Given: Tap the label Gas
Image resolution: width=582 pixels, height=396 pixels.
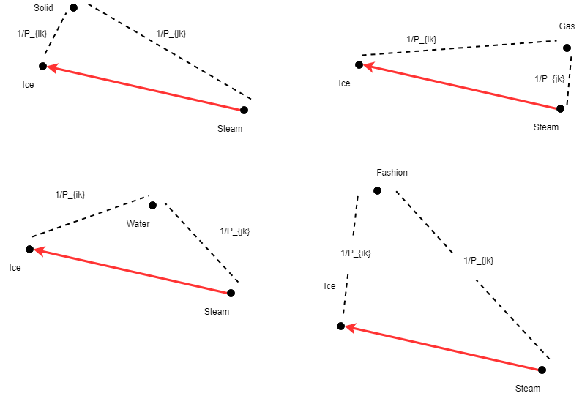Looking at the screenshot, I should [x=567, y=26].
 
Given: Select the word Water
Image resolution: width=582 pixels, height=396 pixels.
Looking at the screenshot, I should [x=138, y=224].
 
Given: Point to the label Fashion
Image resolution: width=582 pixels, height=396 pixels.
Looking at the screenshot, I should [x=392, y=173].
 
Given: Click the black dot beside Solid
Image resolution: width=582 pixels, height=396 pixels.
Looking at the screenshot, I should [x=73, y=8].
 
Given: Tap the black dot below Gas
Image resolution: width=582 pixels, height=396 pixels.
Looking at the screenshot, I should [x=567, y=48].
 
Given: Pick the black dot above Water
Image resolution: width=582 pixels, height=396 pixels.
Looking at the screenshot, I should [x=152, y=205].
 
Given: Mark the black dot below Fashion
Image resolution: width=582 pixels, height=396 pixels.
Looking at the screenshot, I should [x=377, y=190].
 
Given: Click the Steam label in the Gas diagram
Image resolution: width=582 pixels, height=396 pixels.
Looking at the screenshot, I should [x=545, y=127].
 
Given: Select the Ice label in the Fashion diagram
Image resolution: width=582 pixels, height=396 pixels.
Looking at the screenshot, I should [x=329, y=286].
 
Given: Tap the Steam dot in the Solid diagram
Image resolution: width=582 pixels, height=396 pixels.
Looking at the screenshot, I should [x=244, y=111].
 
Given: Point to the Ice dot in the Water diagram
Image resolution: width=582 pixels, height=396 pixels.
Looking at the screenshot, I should [x=30, y=249].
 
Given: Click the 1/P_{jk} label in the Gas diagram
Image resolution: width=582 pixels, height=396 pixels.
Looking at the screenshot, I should [x=549, y=78].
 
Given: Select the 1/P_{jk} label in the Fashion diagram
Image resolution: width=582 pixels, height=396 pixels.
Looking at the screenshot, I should [x=478, y=260].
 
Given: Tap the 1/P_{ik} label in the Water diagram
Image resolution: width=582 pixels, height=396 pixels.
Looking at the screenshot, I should [x=70, y=195].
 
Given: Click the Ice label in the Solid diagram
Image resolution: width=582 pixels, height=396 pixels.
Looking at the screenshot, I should [x=28, y=85].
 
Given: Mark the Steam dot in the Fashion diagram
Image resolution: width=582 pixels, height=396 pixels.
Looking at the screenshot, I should [x=542, y=370].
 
